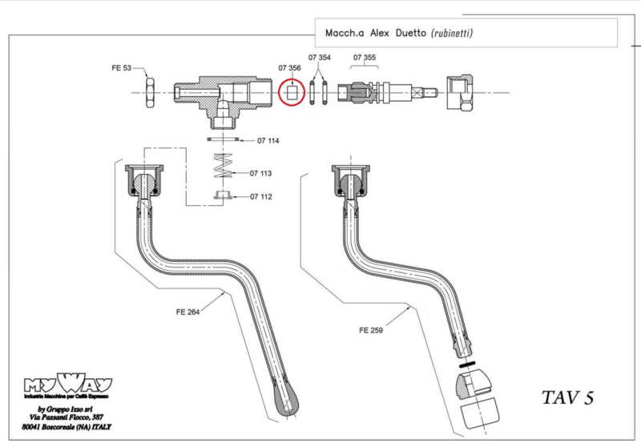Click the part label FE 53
[122, 69]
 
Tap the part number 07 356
[290, 69]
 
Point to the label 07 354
[319, 59]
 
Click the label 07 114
[268, 141]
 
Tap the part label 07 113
[261, 173]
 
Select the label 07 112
[261, 197]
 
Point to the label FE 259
[373, 329]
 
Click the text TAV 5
[566, 398]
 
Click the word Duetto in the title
[406, 34]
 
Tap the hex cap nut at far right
[458, 94]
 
